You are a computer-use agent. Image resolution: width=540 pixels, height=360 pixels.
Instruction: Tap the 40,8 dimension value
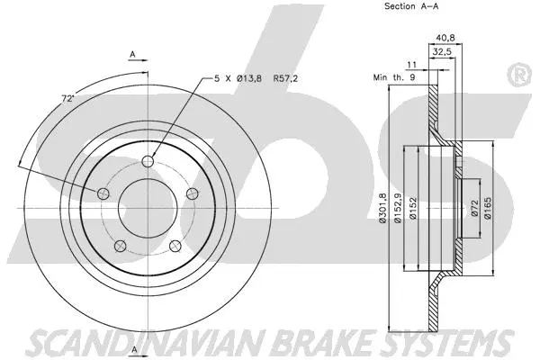tap(445, 38)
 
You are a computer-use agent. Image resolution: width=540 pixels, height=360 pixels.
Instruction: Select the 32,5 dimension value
tap(443, 53)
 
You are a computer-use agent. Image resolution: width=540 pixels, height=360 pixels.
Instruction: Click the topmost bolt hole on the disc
tap(148, 161)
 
